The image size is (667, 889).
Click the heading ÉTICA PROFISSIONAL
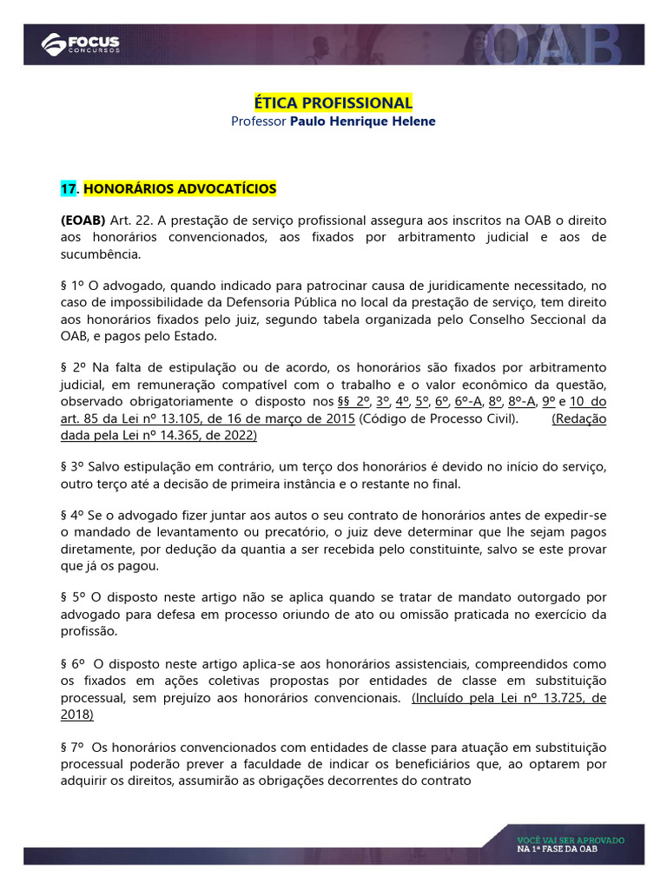pyautogui.click(x=333, y=103)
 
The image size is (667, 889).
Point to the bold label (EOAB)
pyautogui.click(x=83, y=221)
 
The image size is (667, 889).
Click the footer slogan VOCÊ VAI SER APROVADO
pyautogui.click(x=570, y=840)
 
